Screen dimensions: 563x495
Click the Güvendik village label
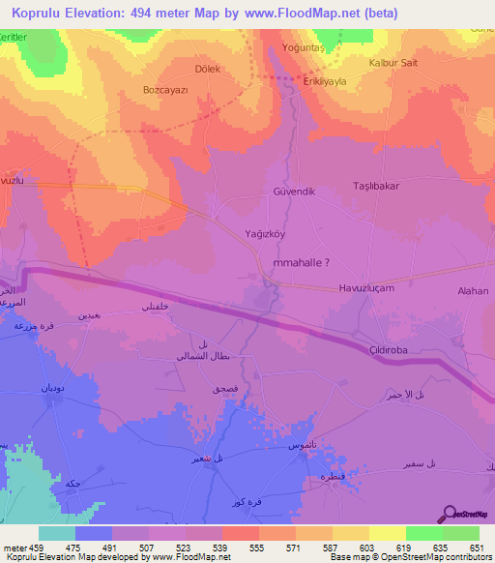295,192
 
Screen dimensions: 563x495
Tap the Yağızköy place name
265,233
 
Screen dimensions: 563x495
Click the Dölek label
208,70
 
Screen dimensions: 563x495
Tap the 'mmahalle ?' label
306,261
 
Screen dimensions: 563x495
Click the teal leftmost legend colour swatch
57,533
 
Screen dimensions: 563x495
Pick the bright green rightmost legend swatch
461,533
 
